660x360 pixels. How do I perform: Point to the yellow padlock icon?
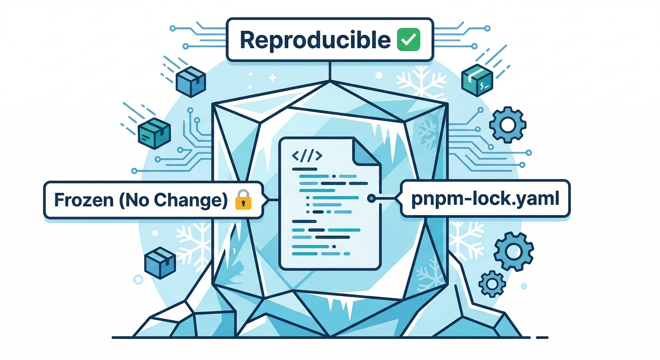click(x=243, y=201)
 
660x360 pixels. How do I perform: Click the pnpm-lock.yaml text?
click(x=485, y=199)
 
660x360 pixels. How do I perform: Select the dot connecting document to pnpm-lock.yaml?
click(x=371, y=199)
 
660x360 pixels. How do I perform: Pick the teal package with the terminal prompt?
click(x=477, y=81)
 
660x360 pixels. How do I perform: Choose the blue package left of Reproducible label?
click(x=191, y=81)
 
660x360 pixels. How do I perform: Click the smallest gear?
click(x=492, y=283)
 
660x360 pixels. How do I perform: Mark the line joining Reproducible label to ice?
click(x=330, y=70)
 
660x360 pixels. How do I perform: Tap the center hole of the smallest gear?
click(x=492, y=283)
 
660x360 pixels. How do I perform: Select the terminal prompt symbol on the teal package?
click(x=484, y=85)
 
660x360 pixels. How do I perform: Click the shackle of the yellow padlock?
click(x=243, y=194)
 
